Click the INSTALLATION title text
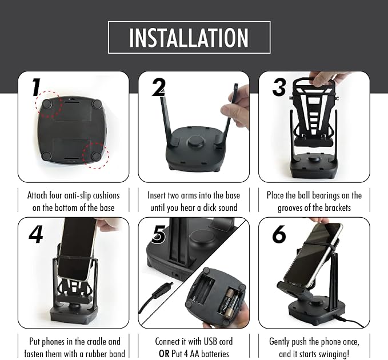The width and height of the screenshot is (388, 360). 189,38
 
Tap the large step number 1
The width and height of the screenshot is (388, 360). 36,87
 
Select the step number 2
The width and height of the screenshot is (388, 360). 158,87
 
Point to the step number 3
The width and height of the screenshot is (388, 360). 279,87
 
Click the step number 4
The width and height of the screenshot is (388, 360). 36,234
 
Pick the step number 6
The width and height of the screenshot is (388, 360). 279,234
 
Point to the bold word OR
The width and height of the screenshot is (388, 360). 165,354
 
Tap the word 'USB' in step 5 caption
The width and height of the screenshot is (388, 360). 205,342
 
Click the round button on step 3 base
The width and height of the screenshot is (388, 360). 314,159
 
